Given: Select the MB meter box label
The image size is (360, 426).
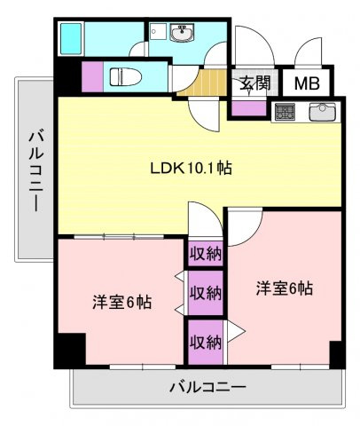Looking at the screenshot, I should (x=307, y=84).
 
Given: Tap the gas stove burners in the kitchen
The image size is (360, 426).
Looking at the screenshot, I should (x=285, y=113).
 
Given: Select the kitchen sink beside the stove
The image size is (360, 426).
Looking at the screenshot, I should (x=321, y=113).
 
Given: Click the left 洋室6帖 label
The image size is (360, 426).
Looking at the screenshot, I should (x=121, y=302).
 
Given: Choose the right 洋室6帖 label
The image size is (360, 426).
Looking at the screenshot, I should (x=284, y=288).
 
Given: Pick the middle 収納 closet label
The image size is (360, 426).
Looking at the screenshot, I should (x=205, y=292).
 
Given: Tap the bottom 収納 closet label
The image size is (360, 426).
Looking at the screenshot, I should (x=205, y=342).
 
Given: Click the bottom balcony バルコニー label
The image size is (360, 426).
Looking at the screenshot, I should (x=207, y=387).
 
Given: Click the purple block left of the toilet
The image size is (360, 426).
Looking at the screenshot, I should (x=93, y=77).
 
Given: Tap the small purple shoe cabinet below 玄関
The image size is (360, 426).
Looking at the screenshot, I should (x=248, y=108).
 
